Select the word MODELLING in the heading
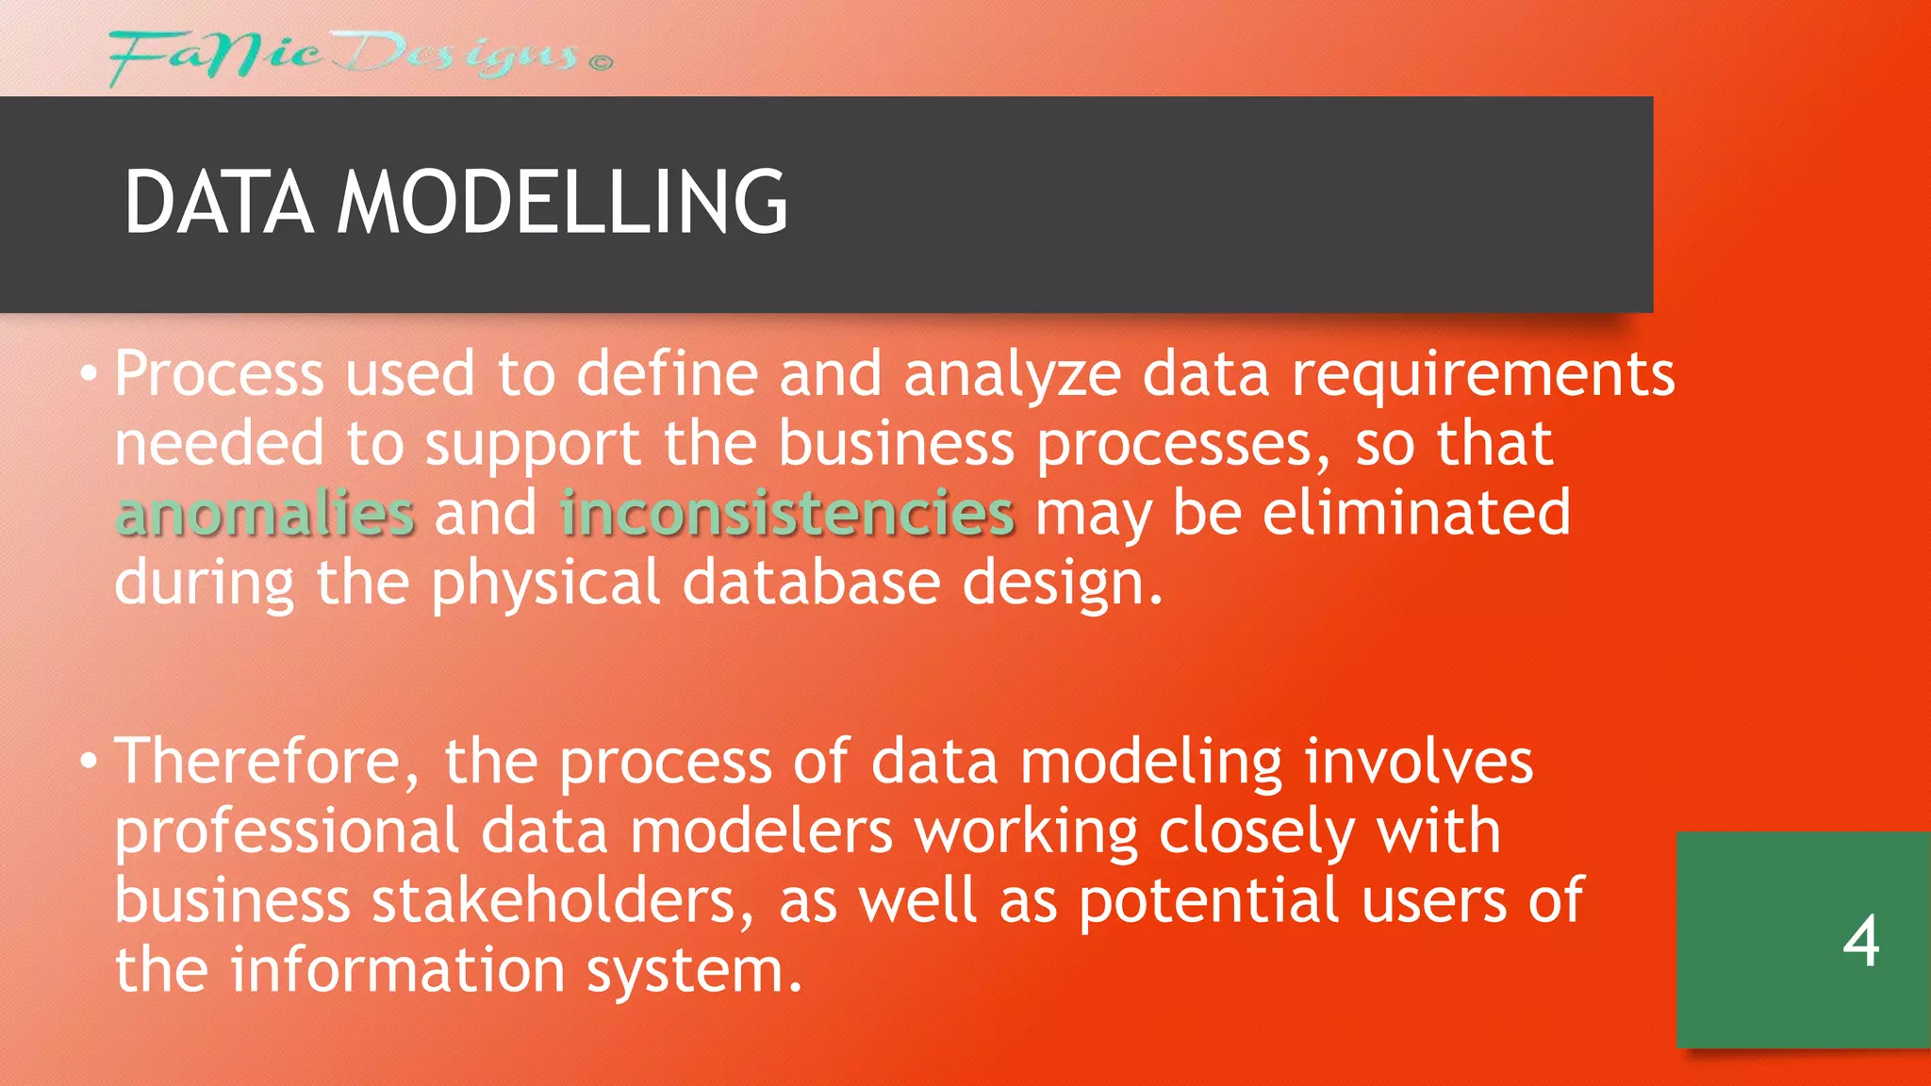point(562,202)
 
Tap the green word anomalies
point(265,515)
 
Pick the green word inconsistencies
point(787,515)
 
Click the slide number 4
point(1860,941)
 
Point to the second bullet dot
point(89,761)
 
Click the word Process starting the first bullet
point(219,374)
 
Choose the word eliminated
point(1416,514)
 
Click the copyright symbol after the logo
point(602,63)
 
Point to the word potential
point(1209,900)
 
